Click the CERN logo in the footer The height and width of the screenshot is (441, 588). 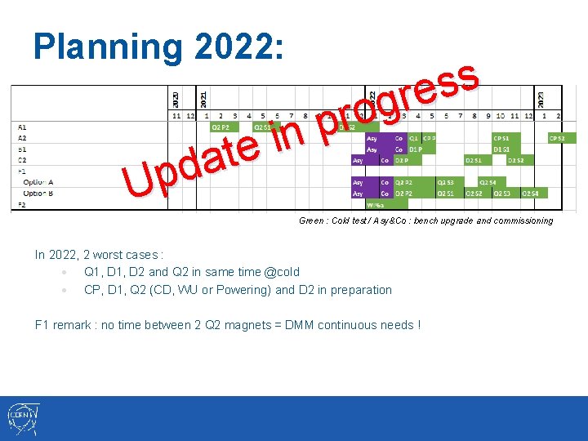pyautogui.click(x=22, y=419)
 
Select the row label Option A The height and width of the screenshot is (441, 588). pyautogui.click(x=38, y=182)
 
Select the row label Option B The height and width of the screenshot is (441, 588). pyautogui.click(x=38, y=193)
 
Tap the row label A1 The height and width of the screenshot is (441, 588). pyautogui.click(x=21, y=127)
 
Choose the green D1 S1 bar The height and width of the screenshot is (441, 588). pyautogui.click(x=502, y=149)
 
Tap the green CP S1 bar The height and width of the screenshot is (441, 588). pyautogui.click(x=502, y=139)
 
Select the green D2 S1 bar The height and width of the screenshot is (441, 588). pyautogui.click(x=474, y=160)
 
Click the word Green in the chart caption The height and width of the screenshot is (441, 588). pyautogui.click(x=311, y=220)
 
